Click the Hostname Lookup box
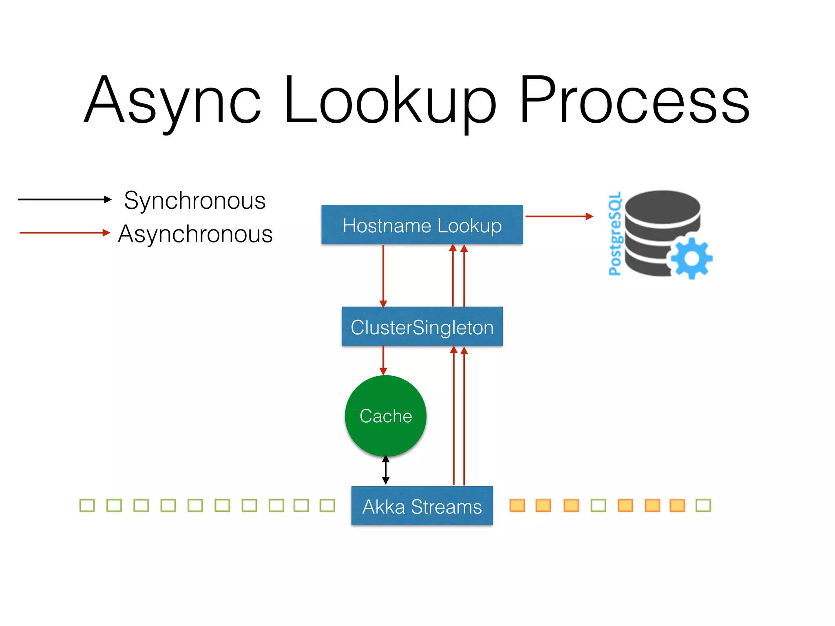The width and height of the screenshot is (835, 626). click(422, 225)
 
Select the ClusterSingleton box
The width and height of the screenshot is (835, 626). click(422, 326)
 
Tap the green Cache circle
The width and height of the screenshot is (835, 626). click(385, 416)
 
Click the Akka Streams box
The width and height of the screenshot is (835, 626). click(422, 505)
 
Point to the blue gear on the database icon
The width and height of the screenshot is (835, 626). click(691, 258)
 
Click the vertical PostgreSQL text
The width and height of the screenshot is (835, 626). click(615, 234)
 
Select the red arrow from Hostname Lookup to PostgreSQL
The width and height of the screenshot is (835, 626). click(559, 216)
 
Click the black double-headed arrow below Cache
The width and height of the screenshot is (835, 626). click(386, 470)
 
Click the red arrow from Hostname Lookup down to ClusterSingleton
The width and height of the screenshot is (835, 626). click(383, 276)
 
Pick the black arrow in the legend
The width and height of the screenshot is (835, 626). click(64, 199)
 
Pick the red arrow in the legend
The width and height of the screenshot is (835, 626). click(64, 233)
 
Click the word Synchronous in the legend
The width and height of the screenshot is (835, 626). click(195, 201)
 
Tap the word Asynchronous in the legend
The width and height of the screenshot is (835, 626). click(195, 234)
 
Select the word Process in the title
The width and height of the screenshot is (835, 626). click(634, 100)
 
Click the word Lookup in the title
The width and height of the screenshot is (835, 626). click(389, 100)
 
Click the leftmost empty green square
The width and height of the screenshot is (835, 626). click(87, 505)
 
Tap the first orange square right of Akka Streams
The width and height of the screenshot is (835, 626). click(517, 505)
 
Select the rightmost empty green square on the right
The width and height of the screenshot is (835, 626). click(703, 505)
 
